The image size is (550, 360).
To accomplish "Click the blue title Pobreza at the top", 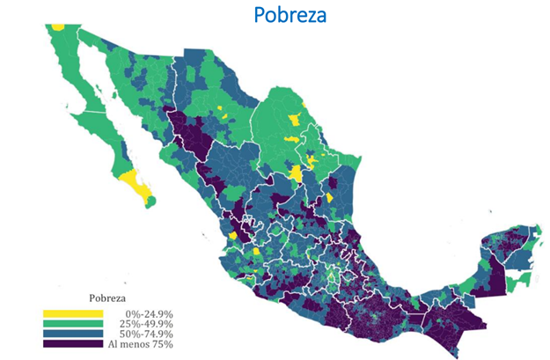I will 290,15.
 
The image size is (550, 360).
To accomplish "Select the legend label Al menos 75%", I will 143,344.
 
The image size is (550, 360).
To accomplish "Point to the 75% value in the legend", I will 165,344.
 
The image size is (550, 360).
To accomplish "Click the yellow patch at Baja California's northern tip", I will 58,26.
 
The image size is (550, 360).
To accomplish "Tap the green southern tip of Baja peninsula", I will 150,202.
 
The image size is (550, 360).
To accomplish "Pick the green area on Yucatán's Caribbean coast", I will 522,279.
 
